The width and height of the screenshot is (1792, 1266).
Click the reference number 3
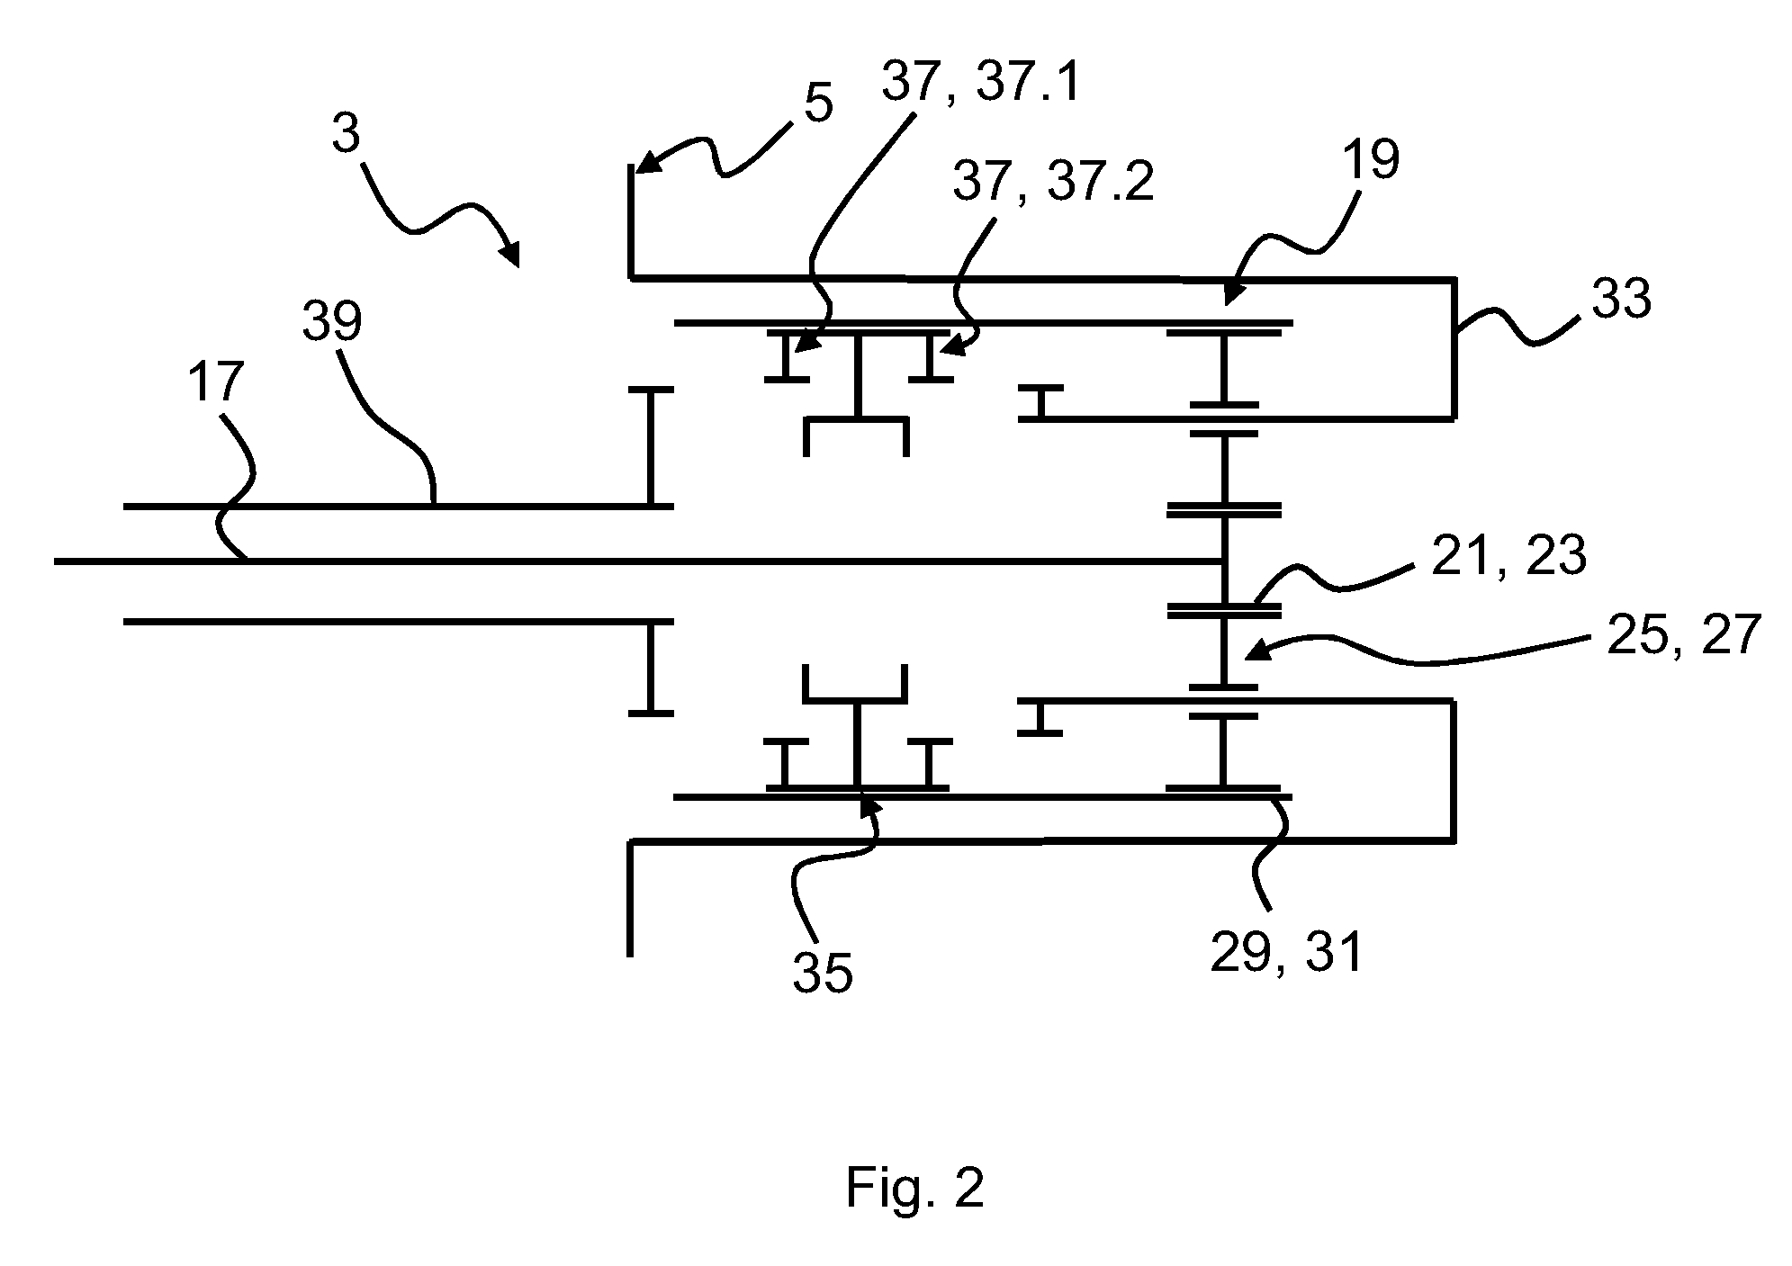coord(346,134)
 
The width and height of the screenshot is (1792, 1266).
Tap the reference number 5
coord(817,103)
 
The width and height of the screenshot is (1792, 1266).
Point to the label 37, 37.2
coord(1053,183)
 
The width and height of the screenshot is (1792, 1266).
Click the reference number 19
coord(1371,160)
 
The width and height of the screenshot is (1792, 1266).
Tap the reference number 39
coord(332,321)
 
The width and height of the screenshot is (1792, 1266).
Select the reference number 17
coord(216,382)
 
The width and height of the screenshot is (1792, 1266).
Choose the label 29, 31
coord(1287,953)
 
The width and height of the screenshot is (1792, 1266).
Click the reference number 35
coord(823,974)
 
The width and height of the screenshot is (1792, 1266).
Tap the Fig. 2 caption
coord(915,1189)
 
